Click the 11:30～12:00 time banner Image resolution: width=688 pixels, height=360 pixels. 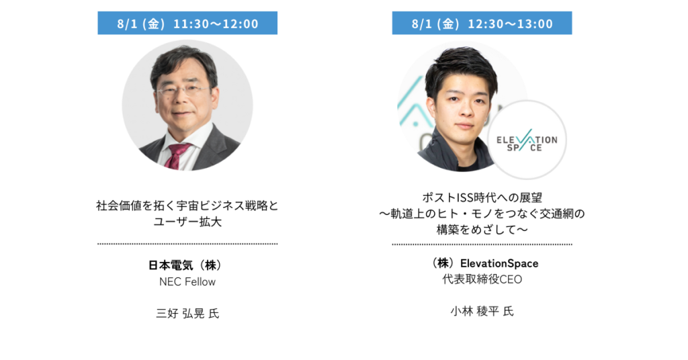[x=187, y=23]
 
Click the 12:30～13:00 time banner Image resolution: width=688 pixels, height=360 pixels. [x=482, y=23]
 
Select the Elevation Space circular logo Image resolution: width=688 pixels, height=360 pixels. [x=527, y=140]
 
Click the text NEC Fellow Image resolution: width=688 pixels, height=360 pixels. [x=187, y=281]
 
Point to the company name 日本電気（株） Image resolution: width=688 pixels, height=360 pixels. [x=187, y=265]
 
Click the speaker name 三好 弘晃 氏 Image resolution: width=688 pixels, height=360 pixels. [x=187, y=313]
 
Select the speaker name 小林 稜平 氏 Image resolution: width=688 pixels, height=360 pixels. [x=482, y=311]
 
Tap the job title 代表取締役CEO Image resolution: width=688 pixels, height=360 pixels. [x=482, y=279]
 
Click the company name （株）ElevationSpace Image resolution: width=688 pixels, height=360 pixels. [x=482, y=263]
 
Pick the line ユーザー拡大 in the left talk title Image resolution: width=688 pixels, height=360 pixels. [x=187, y=222]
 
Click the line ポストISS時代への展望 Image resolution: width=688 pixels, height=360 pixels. [x=482, y=197]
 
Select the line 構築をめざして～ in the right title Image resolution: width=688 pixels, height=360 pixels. [x=482, y=229]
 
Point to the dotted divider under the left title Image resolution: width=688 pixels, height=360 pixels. [x=187, y=244]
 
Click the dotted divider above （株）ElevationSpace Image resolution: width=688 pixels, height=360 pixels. [x=482, y=244]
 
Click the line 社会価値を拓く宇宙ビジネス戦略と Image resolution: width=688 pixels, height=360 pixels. [x=187, y=206]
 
